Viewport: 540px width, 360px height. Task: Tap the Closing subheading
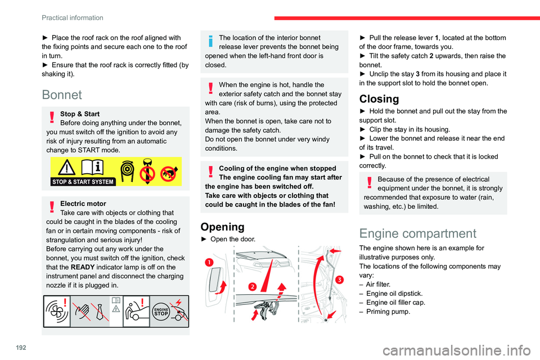point(380,98)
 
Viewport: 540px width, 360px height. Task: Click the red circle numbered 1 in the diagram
point(209,263)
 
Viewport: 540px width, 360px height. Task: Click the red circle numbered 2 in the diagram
point(253,286)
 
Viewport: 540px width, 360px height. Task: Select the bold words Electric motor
point(83,204)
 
